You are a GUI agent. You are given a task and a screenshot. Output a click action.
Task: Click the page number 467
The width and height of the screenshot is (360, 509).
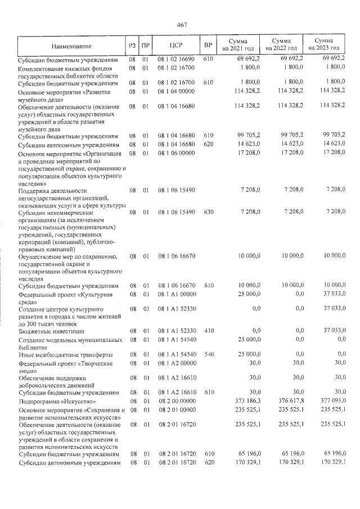pyautogui.click(x=181, y=24)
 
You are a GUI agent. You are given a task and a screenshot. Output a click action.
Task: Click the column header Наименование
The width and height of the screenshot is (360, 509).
pyautogui.click(x=70, y=45)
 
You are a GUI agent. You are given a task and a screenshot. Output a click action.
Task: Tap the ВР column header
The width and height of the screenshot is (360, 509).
pyautogui.click(x=208, y=45)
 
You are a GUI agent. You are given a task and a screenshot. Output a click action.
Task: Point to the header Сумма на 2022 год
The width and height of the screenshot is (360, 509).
pyautogui.click(x=281, y=45)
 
